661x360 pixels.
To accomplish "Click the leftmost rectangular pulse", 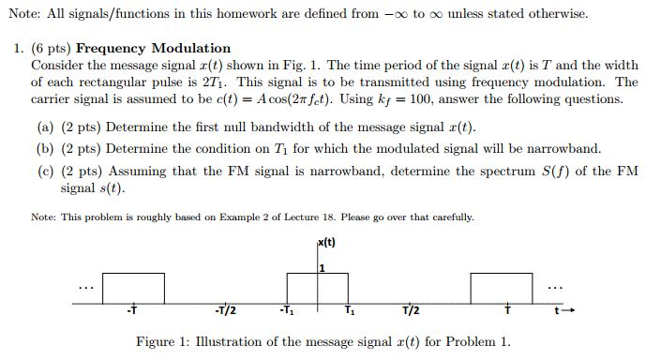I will [x=133, y=289].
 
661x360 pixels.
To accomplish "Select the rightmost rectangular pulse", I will [x=502, y=289].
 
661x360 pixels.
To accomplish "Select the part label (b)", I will [x=44, y=148].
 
